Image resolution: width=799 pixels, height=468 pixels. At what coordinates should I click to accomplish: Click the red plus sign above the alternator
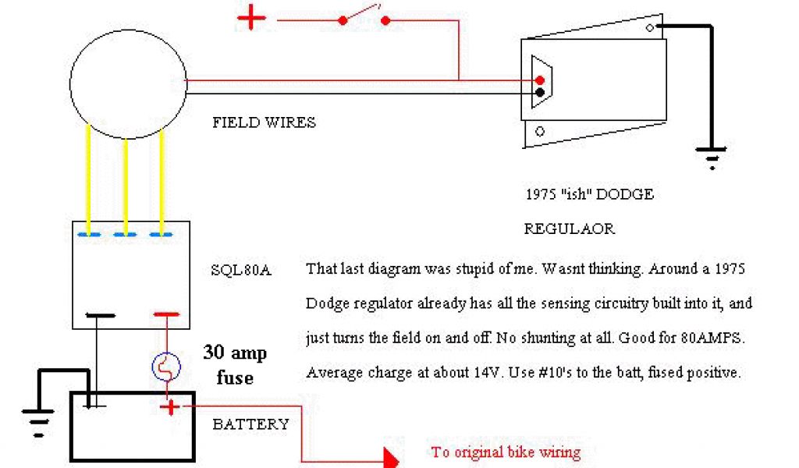coord(251,18)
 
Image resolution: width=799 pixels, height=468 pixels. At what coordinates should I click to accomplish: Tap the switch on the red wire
coord(364,16)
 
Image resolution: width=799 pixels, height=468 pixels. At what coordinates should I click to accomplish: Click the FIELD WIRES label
coord(264,122)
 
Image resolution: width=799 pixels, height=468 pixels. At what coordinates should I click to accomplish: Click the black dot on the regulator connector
coord(540,94)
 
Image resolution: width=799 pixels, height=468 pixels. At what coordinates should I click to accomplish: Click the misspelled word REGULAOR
coord(569,229)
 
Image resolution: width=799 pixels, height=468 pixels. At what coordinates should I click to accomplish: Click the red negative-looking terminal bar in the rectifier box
coord(166,315)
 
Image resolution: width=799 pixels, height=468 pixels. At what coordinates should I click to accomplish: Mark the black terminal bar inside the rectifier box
coord(101,316)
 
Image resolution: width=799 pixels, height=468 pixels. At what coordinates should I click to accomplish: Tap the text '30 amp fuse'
coord(235,365)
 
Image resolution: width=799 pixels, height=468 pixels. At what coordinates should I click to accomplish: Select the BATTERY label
coord(250,424)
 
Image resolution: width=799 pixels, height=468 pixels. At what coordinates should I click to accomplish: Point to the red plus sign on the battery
coord(169,406)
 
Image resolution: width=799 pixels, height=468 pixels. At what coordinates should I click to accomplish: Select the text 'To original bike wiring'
coord(506,452)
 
